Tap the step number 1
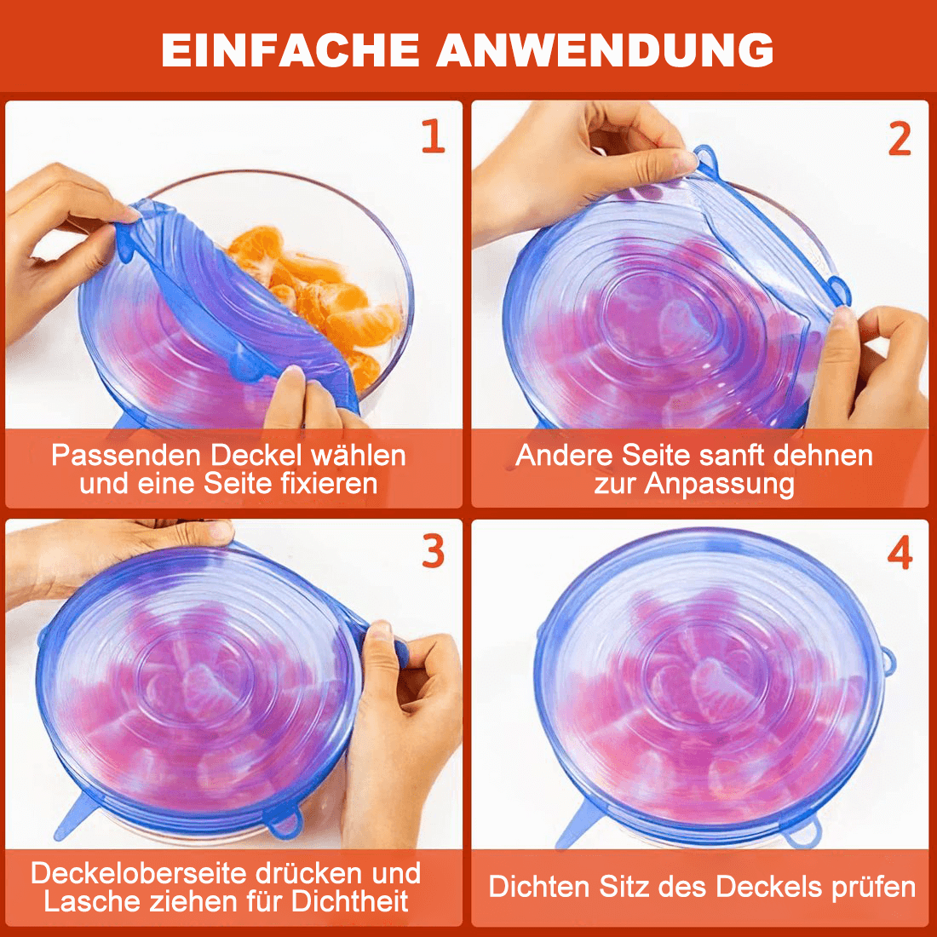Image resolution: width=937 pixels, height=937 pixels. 434,135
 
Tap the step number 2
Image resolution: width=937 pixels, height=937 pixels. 900,138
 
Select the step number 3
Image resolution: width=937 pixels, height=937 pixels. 434,550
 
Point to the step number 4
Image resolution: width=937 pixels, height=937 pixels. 900,552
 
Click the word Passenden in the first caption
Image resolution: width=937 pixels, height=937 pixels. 125,456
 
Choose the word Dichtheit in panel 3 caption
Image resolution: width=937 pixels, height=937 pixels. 350,901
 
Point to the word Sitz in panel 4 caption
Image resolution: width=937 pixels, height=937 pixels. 624,887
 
